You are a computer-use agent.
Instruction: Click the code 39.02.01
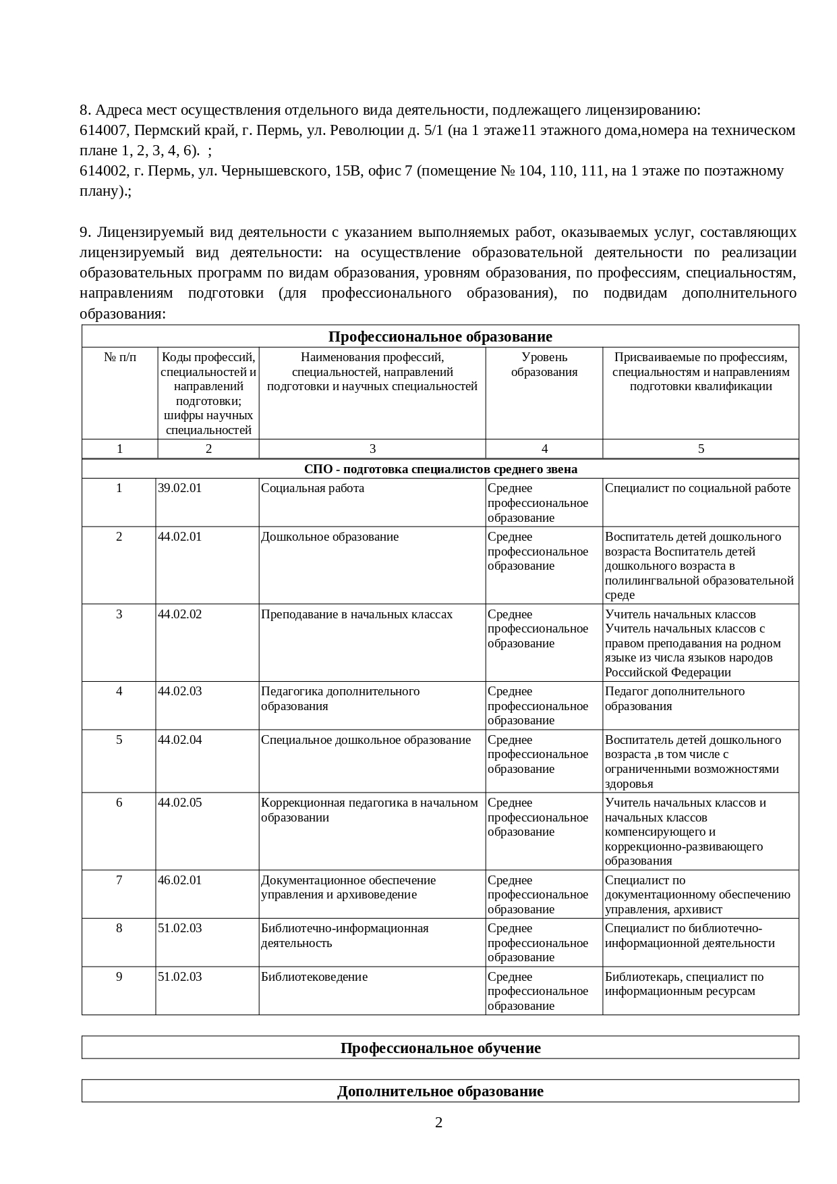[x=179, y=488]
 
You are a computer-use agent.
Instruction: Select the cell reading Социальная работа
[x=312, y=488]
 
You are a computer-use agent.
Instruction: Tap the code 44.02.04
[x=179, y=740]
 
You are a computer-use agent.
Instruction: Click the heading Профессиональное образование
[x=440, y=336]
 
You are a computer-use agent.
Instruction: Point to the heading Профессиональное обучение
[x=440, y=1048]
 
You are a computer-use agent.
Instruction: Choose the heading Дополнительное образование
[x=440, y=1092]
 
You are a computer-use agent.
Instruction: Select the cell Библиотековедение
[x=314, y=977]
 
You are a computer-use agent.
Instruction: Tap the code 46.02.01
[x=179, y=880]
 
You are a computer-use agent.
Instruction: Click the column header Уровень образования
[x=544, y=365]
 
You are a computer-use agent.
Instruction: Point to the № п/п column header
[x=119, y=357]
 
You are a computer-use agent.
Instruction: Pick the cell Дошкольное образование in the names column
[x=330, y=537]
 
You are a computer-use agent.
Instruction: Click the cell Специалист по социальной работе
[x=697, y=488]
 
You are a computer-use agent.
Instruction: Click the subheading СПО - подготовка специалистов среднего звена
[x=440, y=469]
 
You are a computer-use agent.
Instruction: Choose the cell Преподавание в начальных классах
[x=357, y=614]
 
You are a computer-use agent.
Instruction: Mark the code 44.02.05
[x=179, y=803]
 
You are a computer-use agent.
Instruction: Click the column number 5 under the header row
[x=700, y=449]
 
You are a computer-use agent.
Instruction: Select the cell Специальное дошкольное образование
[x=366, y=740]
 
